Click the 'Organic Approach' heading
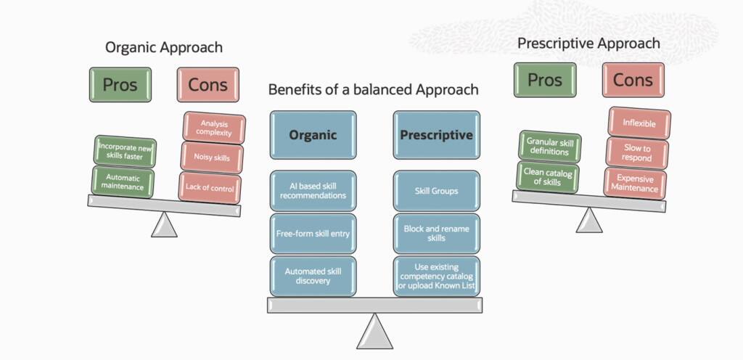point(163,48)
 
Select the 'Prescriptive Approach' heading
point(588,44)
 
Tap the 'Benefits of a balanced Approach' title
point(373,90)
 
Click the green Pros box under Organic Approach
point(120,85)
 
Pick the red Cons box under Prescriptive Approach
point(633,80)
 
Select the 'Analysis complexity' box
point(214,128)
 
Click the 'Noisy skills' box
point(213,157)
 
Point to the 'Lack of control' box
point(210,187)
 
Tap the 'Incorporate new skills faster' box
point(128,151)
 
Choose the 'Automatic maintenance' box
point(124,181)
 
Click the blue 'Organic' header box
point(313,135)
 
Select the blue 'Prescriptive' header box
point(436,135)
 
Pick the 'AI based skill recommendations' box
point(313,191)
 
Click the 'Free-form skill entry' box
point(313,233)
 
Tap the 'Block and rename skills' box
point(436,233)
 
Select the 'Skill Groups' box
point(436,191)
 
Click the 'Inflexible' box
point(639,123)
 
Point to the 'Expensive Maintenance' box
point(635,183)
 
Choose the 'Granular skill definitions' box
point(550,147)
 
